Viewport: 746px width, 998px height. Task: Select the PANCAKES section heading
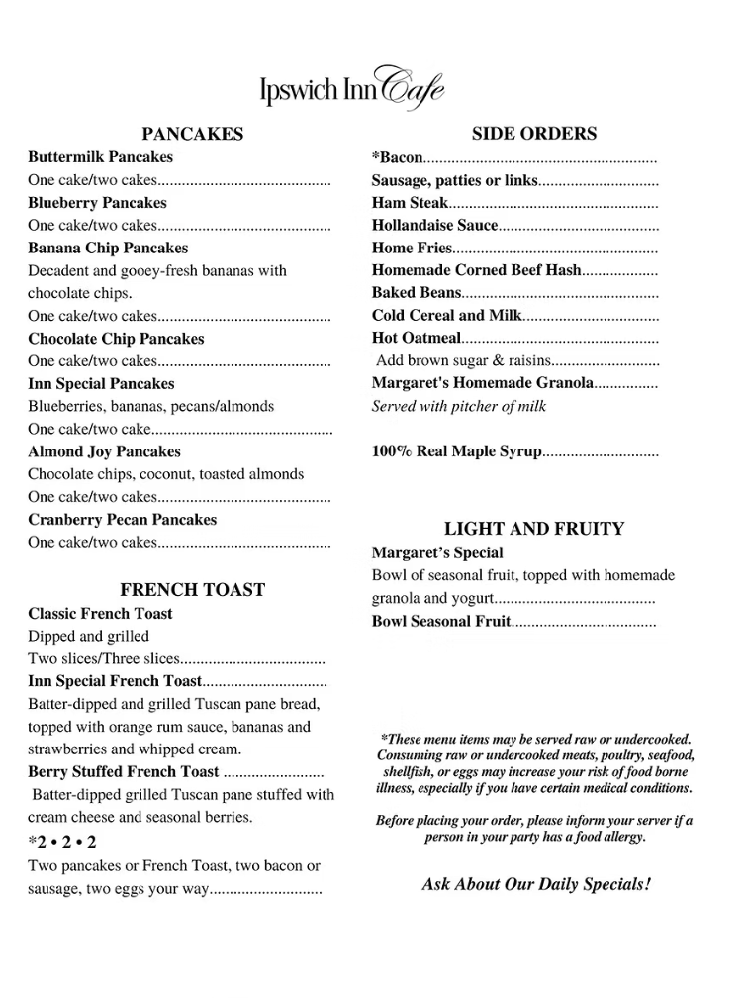pyautogui.click(x=192, y=134)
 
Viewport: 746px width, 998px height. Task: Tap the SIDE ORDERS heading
pyautogui.click(x=533, y=134)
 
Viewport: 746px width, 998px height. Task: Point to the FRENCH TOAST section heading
pyautogui.click(x=192, y=590)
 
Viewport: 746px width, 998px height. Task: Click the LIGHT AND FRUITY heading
pyautogui.click(x=533, y=529)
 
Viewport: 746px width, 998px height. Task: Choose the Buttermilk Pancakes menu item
pyautogui.click(x=100, y=157)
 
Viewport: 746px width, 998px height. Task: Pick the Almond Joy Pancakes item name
pyautogui.click(x=104, y=452)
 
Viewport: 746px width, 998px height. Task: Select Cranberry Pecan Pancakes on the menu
pyautogui.click(x=122, y=520)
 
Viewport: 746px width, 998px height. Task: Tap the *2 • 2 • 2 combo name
pyautogui.click(x=62, y=844)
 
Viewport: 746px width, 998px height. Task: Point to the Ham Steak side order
pyautogui.click(x=410, y=203)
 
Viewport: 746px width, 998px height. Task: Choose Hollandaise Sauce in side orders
pyautogui.click(x=434, y=226)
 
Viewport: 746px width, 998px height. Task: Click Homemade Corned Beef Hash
pyautogui.click(x=476, y=270)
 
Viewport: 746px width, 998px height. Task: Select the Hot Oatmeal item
pyautogui.click(x=416, y=339)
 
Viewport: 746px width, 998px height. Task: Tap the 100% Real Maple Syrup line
pyautogui.click(x=456, y=451)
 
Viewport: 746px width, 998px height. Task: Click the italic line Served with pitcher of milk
pyautogui.click(x=458, y=406)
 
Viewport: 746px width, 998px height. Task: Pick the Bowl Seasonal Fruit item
pyautogui.click(x=440, y=622)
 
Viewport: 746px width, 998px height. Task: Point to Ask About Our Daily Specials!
pyautogui.click(x=535, y=884)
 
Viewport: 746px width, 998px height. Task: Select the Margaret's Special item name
pyautogui.click(x=436, y=553)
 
